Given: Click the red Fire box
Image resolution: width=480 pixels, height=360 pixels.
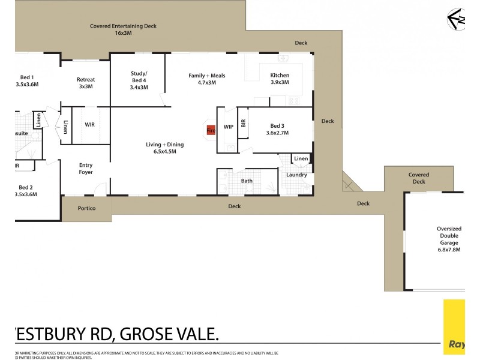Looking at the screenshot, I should [211, 130].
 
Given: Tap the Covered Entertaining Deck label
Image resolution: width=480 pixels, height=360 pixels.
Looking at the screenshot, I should [123, 29].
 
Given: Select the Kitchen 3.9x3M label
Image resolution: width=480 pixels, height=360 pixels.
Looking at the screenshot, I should [280, 79].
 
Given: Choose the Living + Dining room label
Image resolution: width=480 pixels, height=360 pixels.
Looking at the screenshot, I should [164, 148].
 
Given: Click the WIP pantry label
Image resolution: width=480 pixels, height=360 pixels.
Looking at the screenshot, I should [228, 127].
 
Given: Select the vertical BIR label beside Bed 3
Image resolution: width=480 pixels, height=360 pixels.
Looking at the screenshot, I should [243, 124].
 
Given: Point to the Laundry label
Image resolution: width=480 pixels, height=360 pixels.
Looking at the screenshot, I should [296, 175].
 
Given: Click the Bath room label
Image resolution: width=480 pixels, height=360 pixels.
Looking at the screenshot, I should [247, 181].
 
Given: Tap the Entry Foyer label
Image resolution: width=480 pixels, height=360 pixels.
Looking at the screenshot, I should [86, 169].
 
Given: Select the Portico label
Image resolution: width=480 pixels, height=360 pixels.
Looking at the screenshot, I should [86, 209].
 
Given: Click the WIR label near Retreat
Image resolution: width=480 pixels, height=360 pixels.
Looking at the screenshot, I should [89, 125].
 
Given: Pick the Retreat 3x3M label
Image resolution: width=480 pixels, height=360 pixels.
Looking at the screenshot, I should [85, 83].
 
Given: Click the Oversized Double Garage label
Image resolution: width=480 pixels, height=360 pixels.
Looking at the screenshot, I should [449, 239].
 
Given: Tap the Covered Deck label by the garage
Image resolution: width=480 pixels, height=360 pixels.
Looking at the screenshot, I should [419, 178].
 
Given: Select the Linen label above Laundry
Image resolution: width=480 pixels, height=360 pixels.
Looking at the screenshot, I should [301, 158].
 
